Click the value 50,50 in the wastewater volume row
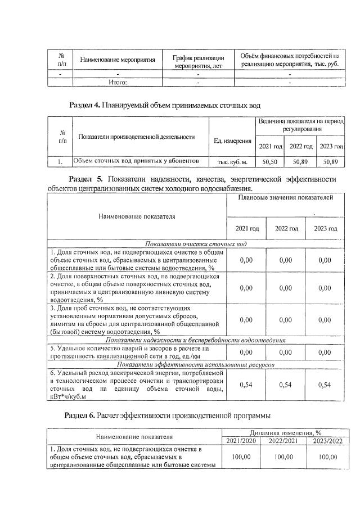point(270,161)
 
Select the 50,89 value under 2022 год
point(300,161)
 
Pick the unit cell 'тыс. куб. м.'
point(232,162)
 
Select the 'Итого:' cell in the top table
point(118,82)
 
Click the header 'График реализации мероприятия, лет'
point(198,62)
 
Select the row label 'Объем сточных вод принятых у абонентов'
point(136,161)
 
